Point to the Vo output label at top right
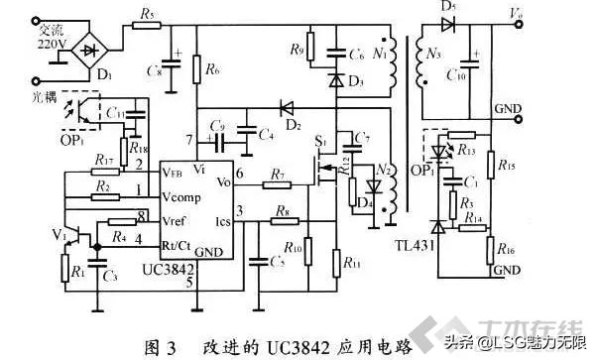[515, 13]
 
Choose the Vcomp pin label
[179, 189]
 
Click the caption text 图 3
[164, 346]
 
